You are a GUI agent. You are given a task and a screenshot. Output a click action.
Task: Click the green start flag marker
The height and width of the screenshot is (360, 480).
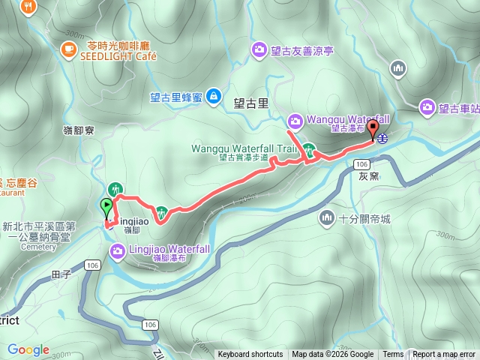[106, 205]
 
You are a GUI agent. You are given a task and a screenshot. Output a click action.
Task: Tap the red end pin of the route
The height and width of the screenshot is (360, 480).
[373, 127]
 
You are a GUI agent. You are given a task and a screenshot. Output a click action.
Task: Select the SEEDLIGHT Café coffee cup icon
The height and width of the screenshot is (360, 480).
[69, 49]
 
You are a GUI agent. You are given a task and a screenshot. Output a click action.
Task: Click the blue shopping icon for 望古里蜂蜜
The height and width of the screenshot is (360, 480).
[214, 95]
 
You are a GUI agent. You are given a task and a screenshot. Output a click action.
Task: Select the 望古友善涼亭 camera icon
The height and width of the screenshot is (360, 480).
[259, 50]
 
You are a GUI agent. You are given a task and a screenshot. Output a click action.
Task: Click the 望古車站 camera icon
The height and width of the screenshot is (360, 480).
[427, 107]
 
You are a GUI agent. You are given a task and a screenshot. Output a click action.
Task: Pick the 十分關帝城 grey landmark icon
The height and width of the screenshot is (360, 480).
[326, 218]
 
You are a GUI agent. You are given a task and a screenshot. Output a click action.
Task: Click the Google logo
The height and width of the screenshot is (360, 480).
[28, 349]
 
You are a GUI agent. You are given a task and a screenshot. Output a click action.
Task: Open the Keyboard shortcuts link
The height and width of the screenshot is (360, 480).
[250, 355]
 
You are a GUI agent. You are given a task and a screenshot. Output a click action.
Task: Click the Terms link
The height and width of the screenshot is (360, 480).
[393, 355]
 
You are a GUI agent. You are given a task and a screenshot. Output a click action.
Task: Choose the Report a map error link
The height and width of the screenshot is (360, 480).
[445, 355]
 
